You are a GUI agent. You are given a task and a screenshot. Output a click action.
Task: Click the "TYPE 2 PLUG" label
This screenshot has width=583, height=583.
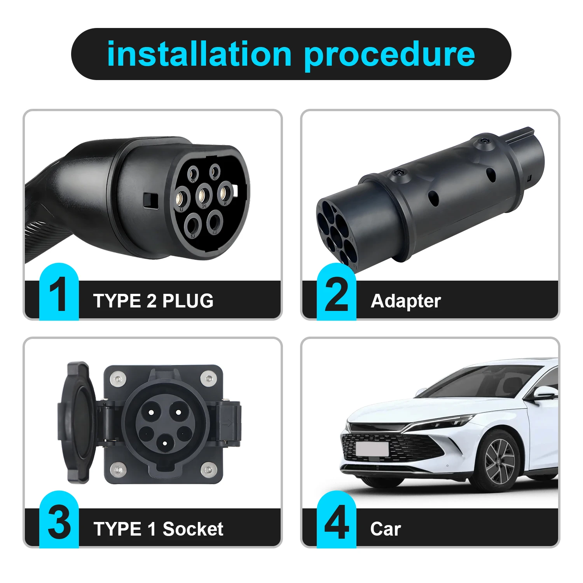tap(153, 301)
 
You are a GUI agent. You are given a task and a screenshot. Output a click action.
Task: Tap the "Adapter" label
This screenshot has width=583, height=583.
tap(406, 301)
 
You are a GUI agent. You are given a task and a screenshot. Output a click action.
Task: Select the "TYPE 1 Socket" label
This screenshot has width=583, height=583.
tap(158, 529)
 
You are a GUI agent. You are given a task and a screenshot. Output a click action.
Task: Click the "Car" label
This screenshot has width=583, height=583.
tap(385, 529)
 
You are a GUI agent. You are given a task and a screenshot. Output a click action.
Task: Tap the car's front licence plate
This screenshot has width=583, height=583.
tap(372, 449)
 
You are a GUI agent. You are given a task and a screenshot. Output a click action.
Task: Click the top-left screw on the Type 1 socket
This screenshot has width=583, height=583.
tap(117, 378)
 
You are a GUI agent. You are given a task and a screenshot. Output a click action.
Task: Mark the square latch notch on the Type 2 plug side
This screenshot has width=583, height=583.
tap(150, 200)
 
